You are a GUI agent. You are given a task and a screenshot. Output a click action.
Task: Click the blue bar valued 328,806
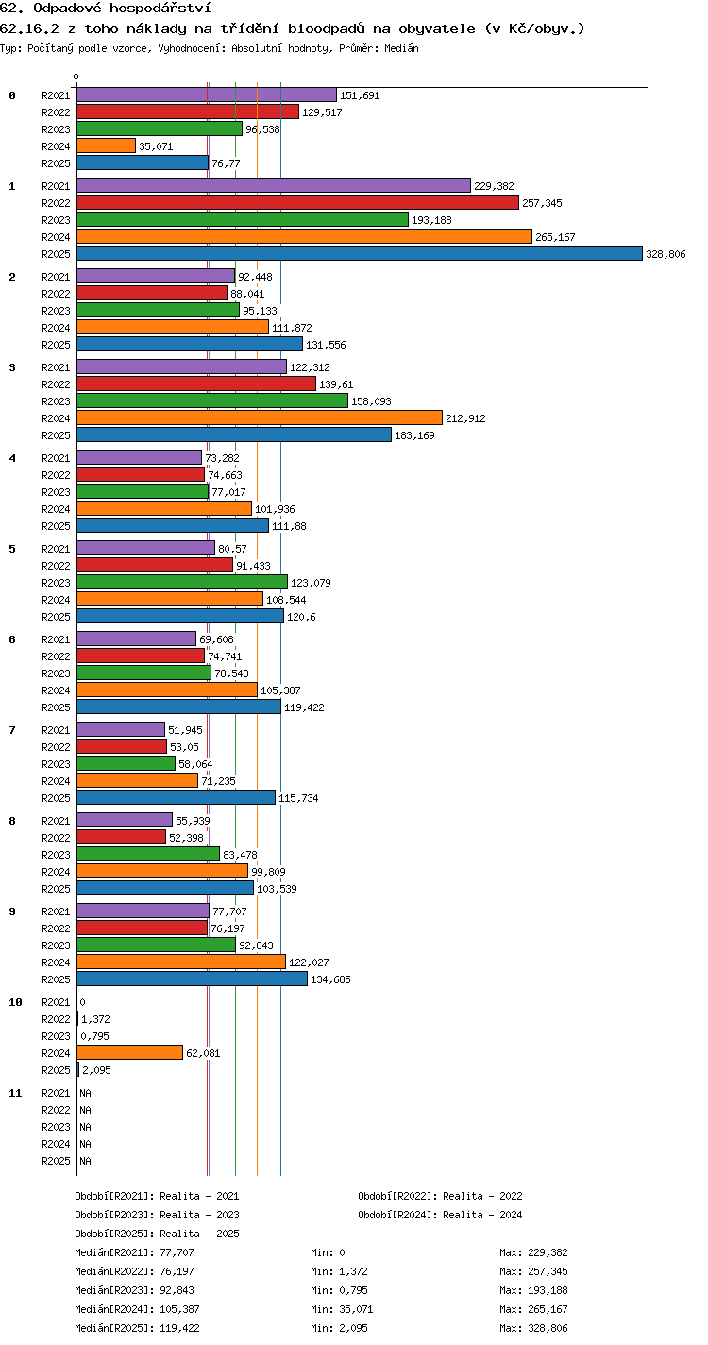(x=360, y=253)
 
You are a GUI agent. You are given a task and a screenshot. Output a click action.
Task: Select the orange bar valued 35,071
(x=106, y=145)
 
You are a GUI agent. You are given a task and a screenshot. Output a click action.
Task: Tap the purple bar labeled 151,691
(x=207, y=94)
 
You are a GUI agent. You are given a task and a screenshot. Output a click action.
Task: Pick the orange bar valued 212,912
(x=260, y=417)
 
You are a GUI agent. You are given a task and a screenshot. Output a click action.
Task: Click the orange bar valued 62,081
(x=129, y=1052)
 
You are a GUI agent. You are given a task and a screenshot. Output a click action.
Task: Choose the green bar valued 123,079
(x=182, y=582)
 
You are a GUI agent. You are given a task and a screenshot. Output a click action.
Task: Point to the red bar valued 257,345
(x=297, y=202)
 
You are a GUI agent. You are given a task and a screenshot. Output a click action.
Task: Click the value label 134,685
(x=330, y=979)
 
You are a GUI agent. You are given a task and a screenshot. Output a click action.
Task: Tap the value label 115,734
(x=298, y=798)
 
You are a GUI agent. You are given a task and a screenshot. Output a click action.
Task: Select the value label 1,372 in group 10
(x=95, y=1019)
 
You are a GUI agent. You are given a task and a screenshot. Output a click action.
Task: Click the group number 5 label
(x=12, y=549)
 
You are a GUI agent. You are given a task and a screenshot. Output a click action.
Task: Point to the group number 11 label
(x=15, y=1093)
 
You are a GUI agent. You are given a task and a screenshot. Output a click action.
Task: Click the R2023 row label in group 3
(x=56, y=401)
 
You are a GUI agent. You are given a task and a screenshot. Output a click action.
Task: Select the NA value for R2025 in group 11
(x=85, y=1161)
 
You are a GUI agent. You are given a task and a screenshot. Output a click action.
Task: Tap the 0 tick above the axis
(x=76, y=77)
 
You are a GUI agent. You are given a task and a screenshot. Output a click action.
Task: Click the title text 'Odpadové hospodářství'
(x=130, y=9)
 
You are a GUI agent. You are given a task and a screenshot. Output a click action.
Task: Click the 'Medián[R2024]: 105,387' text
(x=138, y=1309)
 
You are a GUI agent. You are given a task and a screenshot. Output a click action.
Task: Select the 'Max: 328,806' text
(x=533, y=1328)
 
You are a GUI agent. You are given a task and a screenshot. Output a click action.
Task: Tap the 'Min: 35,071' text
(x=342, y=1309)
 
